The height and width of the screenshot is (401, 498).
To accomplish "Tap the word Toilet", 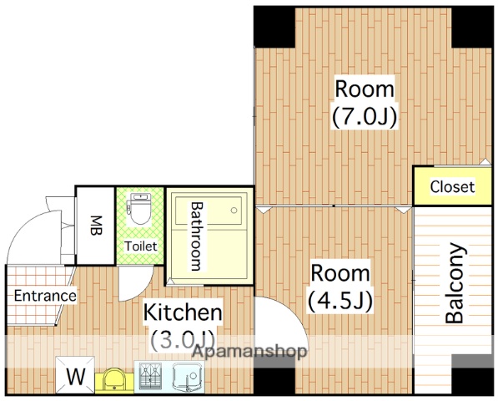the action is [x=140, y=246].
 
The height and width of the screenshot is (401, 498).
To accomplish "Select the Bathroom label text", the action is [x=196, y=236].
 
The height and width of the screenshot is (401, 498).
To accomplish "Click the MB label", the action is [x=95, y=226].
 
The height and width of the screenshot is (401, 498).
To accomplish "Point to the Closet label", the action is [x=452, y=186].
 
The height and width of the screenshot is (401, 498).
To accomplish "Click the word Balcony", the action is [x=455, y=283].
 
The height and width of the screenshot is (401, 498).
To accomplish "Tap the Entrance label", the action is [x=45, y=296].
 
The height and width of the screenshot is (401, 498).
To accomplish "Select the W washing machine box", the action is [x=75, y=375].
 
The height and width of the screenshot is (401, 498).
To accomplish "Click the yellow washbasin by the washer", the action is [x=114, y=380].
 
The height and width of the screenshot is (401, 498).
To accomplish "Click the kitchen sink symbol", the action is [x=188, y=377].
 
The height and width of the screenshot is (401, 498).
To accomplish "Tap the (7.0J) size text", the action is [x=365, y=117].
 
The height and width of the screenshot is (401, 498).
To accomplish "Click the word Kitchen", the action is [x=183, y=312].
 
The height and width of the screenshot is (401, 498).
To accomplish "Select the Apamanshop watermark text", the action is [x=249, y=352].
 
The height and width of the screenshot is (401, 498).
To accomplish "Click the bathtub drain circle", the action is [x=234, y=210].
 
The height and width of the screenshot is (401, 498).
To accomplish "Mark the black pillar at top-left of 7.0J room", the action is [x=274, y=28].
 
